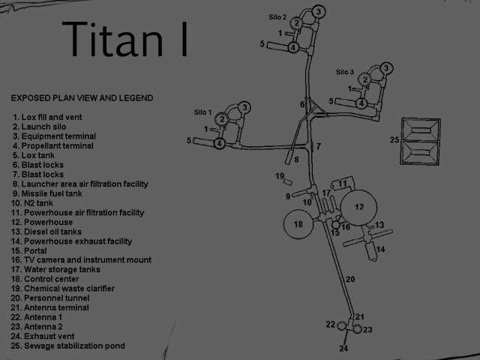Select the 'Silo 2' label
pyautogui.click(x=278, y=16)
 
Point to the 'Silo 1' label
pyautogui.click(x=204, y=112)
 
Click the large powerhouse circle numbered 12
pyautogui.click(x=359, y=206)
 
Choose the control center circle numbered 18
pyautogui.click(x=298, y=224)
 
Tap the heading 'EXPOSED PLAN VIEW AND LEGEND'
pyautogui.click(x=82, y=97)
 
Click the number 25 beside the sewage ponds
pyautogui.click(x=394, y=139)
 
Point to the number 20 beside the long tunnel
pyautogui.click(x=350, y=279)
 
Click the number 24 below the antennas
pyautogui.click(x=343, y=348)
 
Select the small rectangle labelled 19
pyautogui.click(x=287, y=182)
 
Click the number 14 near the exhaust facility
pyautogui.click(x=380, y=249)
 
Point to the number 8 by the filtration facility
pyautogui.click(x=296, y=159)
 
